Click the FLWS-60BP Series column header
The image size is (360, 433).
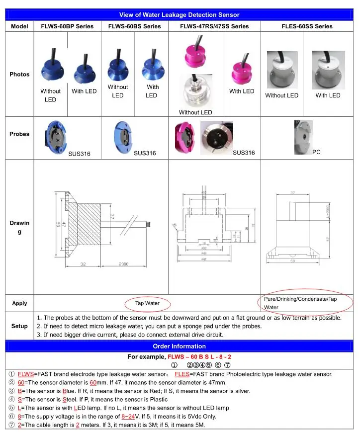(x=67, y=26)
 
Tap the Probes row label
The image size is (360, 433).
(x=19, y=134)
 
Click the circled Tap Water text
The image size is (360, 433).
(x=147, y=303)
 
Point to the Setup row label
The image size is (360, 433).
(x=19, y=326)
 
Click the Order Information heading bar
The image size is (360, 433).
(x=180, y=346)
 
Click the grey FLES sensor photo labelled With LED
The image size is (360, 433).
(x=328, y=70)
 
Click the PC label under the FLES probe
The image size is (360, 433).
(x=316, y=152)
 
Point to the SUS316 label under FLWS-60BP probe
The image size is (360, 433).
(x=80, y=154)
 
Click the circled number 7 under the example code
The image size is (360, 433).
(x=227, y=365)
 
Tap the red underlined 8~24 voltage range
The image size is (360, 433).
(x=128, y=416)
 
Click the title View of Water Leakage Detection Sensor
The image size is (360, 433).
(x=180, y=15)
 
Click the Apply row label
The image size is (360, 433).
(x=19, y=303)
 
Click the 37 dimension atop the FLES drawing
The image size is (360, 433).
(x=293, y=193)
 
